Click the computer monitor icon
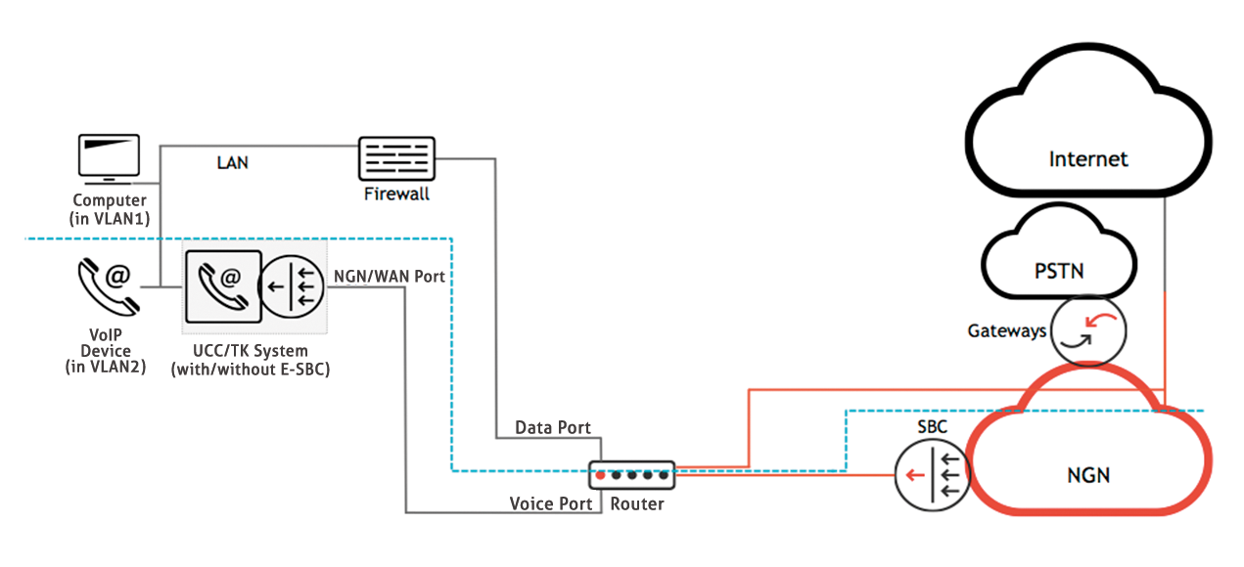click(109, 159)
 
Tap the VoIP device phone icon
click(108, 285)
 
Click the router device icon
click(631, 475)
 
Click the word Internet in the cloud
click(1088, 158)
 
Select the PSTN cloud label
click(1060, 270)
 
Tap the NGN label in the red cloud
click(1087, 475)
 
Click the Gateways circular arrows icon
click(1088, 331)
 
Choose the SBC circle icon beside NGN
click(930, 475)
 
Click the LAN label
click(233, 163)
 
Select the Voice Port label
click(551, 504)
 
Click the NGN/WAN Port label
click(390, 277)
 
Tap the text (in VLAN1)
click(110, 218)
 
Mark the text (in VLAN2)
click(108, 366)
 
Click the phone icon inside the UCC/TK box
click(222, 286)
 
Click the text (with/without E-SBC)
click(251, 369)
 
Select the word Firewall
click(396, 195)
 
